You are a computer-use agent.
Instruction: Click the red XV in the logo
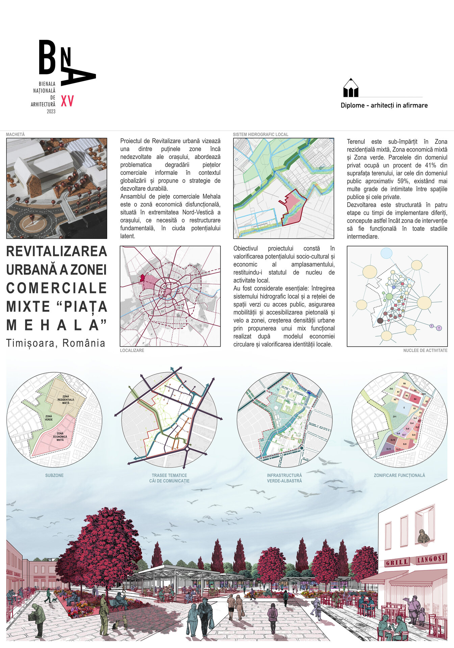pos(67,101)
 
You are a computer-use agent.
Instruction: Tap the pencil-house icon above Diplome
pos(351,88)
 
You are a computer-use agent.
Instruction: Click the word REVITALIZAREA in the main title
pos(57,251)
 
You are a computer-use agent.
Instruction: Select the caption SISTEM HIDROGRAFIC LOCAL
pos(260,134)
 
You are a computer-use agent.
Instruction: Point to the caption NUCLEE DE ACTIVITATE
pos(425,350)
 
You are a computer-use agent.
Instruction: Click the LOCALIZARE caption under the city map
pos(132,350)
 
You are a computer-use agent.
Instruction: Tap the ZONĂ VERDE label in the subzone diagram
pos(49,418)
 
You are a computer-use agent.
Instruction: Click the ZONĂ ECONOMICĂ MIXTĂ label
pos(60,437)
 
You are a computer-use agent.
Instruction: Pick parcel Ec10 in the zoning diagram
pos(393,440)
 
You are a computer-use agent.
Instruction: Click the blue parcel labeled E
pos(404,408)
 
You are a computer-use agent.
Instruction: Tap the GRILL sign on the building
pos(397,562)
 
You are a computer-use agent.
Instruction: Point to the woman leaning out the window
pos(422,536)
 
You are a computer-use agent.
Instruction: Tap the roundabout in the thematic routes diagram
pos(187,449)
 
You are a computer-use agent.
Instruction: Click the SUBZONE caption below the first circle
pos(54,475)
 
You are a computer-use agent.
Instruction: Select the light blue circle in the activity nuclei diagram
pos(386,253)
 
